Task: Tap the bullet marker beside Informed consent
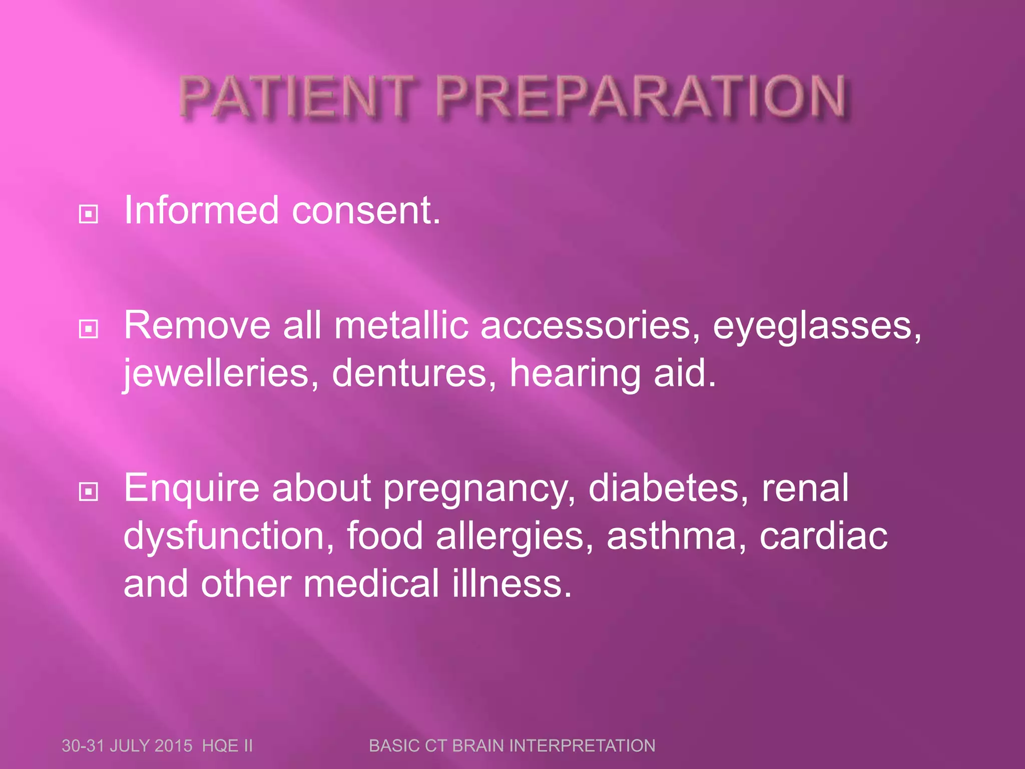coord(89,214)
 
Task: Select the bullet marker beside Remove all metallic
coord(89,329)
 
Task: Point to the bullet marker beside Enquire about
coord(89,492)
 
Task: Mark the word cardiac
coord(823,536)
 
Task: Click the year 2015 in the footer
coord(173,745)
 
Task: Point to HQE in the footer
coord(220,745)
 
